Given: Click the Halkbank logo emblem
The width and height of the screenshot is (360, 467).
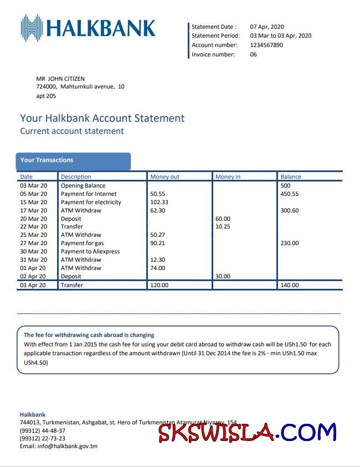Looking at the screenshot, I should [32, 28].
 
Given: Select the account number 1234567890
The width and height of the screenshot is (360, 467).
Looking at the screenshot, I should [266, 45].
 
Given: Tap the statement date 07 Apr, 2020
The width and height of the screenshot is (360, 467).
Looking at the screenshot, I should [267, 27].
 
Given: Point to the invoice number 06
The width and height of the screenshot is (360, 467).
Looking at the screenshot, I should [254, 55].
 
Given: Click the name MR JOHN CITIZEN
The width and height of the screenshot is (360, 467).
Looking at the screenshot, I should [60, 79].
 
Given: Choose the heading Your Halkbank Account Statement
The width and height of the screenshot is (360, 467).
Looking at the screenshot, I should [102, 118].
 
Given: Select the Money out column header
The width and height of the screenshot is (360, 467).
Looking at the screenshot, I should [165, 177].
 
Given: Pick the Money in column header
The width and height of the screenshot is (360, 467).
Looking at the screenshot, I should [228, 177].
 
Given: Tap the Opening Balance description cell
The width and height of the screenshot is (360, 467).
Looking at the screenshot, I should [83, 186].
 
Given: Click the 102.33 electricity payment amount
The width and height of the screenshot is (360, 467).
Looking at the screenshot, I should [160, 203].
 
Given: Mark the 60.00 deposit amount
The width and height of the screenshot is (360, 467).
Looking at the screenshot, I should [223, 219].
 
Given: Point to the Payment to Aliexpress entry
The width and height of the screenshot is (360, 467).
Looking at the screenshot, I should [90, 252].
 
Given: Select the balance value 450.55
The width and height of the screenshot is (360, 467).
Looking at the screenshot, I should [290, 194].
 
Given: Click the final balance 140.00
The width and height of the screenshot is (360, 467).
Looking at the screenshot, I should [290, 286].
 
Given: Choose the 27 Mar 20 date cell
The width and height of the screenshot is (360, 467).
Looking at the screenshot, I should [34, 243].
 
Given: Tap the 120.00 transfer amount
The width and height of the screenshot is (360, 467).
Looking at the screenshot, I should [160, 286].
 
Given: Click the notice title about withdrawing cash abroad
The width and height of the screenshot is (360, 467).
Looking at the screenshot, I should [89, 335].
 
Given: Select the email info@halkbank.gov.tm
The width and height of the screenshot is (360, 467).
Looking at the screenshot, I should [59, 446].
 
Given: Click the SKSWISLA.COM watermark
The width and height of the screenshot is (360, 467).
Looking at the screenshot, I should [247, 432].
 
